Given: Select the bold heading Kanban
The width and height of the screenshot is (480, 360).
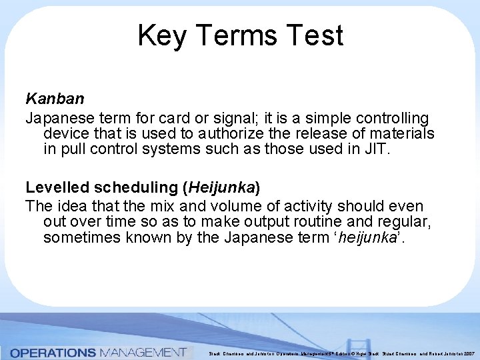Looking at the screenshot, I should click(x=55, y=99).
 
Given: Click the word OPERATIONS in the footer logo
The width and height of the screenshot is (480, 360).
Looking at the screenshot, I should click(x=53, y=352).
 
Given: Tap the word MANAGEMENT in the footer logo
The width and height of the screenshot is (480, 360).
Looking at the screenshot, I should click(x=142, y=352).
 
